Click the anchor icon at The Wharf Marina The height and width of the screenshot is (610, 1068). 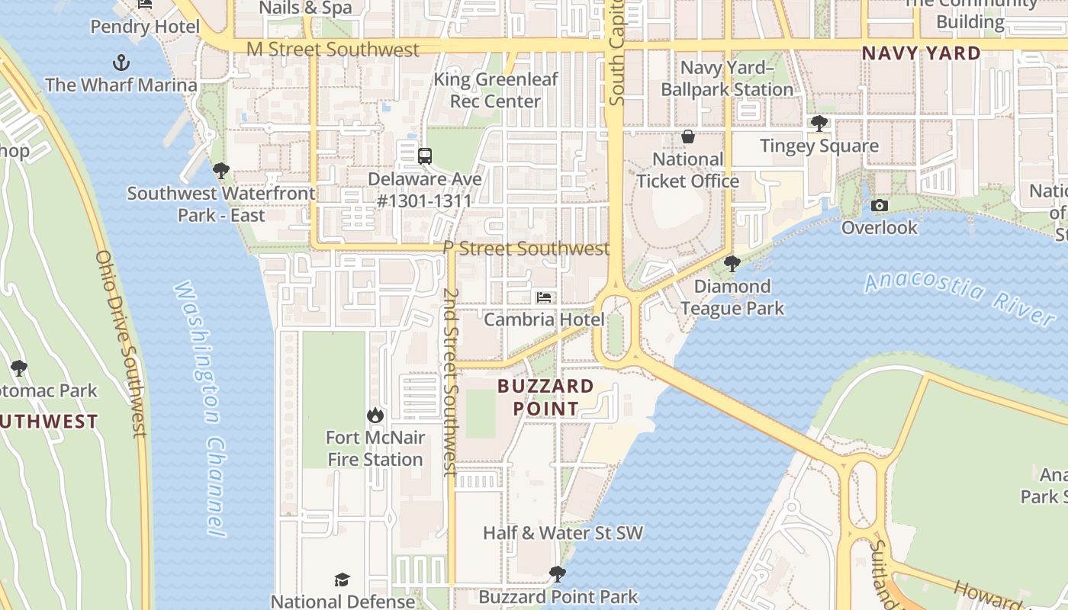pos(121,62)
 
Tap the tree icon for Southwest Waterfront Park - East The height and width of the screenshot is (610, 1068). pos(221,170)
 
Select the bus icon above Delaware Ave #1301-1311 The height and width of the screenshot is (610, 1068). pos(425,156)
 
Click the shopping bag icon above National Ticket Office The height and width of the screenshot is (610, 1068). pos(688,136)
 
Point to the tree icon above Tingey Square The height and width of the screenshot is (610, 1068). pos(819,123)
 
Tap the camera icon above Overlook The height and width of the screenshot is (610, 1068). pos(880,205)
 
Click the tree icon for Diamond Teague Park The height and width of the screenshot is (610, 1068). pos(732,264)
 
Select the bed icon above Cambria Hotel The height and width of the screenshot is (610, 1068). pos(544,297)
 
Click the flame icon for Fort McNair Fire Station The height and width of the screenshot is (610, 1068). pos(375,415)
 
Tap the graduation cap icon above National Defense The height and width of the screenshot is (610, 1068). pos(343,579)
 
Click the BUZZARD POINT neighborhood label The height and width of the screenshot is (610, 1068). pos(545,397)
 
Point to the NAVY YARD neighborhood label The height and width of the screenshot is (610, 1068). pos(921,53)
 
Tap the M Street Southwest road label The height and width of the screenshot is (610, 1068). pos(333,50)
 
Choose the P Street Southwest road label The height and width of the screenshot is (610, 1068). pos(526,249)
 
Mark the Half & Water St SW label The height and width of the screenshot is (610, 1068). pos(563,533)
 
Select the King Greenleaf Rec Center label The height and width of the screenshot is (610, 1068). pos(496,90)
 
